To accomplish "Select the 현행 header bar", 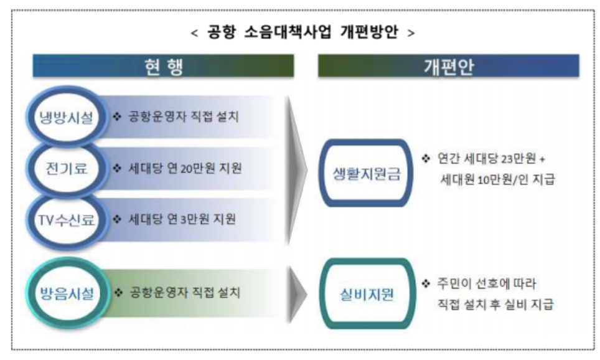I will point(163,66).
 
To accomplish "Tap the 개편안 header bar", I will point(448,66).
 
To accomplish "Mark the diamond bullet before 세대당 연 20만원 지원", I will point(118,168).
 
